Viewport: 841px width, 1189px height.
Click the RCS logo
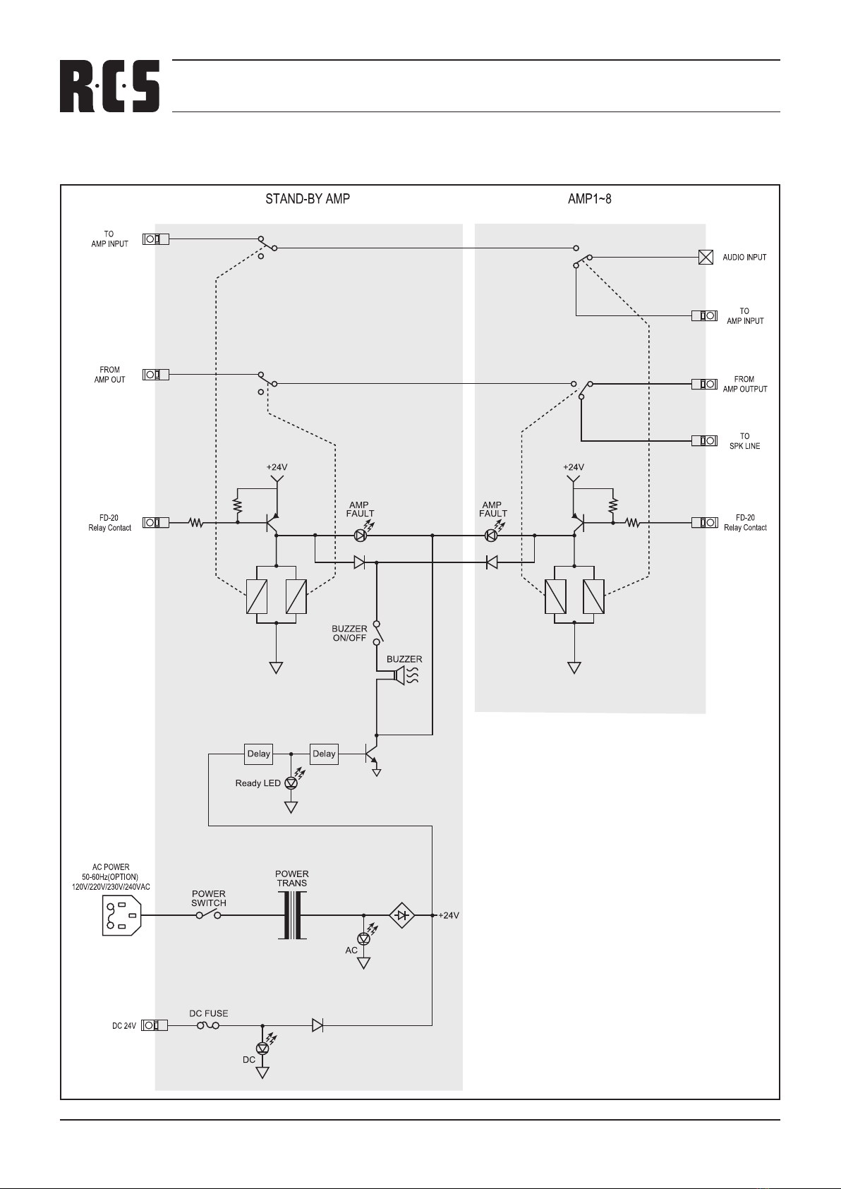109,86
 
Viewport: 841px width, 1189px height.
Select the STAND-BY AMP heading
307,199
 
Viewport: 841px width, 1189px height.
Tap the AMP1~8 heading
590,199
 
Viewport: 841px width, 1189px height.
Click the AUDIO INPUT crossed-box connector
705,258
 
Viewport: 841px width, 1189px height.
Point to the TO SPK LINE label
744,441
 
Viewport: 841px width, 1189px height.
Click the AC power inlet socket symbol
121,915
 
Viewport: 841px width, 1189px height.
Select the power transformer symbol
292,915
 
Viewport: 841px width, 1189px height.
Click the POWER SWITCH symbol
209,914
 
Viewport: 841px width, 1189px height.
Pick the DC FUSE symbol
208,1025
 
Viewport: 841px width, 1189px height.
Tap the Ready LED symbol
291,783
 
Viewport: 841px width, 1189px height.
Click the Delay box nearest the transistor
325,754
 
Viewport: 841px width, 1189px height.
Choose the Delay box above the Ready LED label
258,754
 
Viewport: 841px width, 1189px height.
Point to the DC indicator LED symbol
262,1049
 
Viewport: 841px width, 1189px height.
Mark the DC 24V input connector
155,1025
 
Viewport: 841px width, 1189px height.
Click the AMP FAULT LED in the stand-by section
361,536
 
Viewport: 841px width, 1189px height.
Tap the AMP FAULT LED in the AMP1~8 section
491,536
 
